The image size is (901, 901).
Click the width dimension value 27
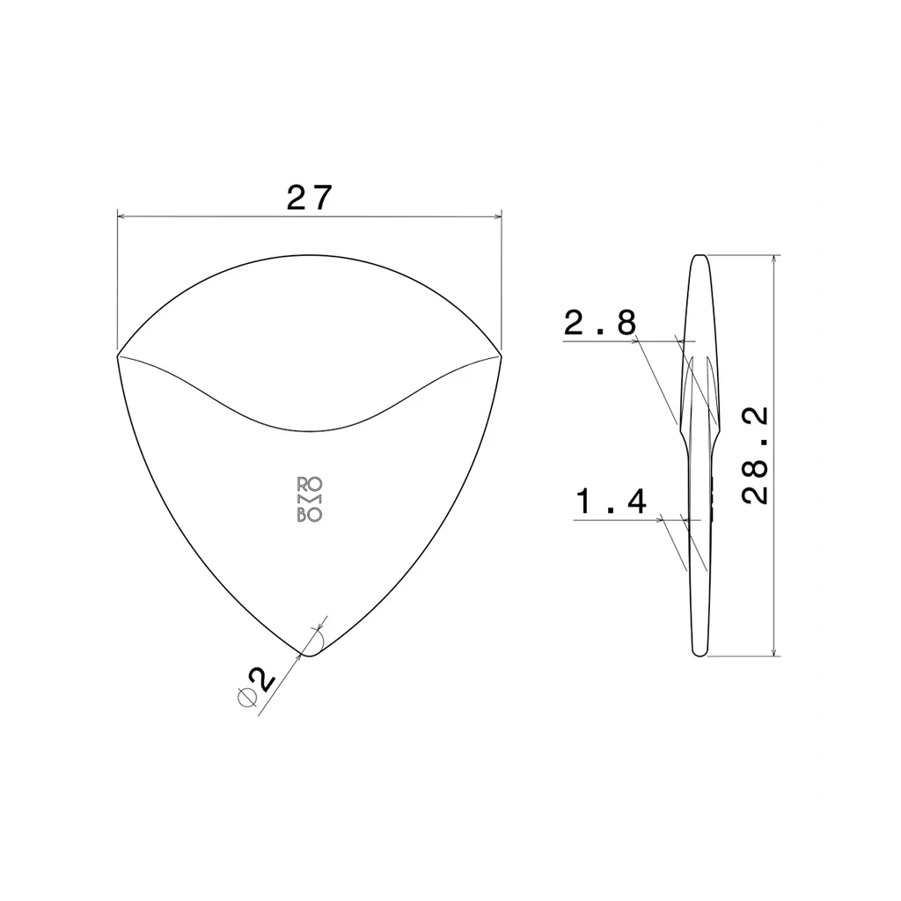point(310,198)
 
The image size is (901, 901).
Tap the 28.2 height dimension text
point(755,455)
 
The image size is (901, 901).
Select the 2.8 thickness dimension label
point(600,325)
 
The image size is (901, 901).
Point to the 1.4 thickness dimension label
point(612,502)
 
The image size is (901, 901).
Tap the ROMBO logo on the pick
point(309,500)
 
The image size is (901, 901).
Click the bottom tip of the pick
point(309,656)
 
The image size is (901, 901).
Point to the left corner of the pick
point(118,355)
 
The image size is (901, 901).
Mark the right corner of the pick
point(500,355)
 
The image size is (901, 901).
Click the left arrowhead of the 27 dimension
point(123,215)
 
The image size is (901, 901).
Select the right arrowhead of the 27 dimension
point(494,215)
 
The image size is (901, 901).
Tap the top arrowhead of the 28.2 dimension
point(773,260)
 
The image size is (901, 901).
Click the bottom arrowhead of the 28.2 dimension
point(773,650)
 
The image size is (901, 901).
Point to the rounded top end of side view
point(700,258)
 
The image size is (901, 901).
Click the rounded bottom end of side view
point(700,653)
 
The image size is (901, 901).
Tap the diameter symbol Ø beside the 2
point(247,697)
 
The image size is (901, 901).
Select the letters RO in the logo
point(309,484)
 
